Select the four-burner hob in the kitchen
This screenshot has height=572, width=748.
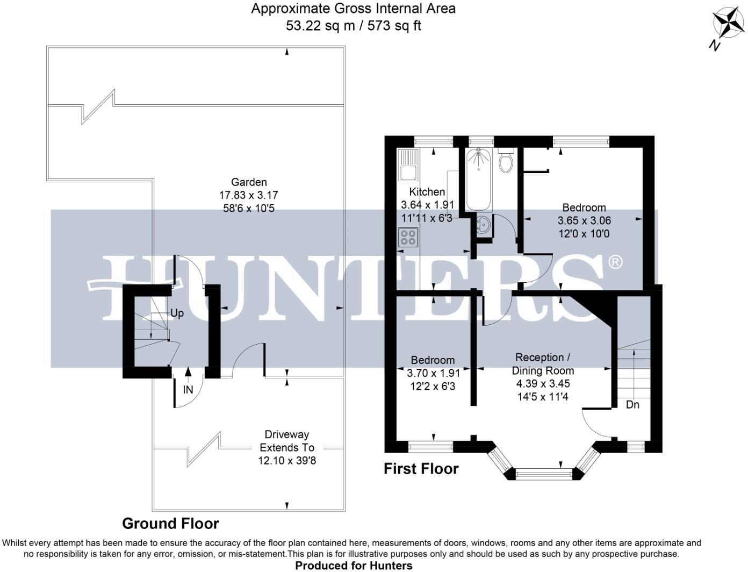pyautogui.click(x=408, y=238)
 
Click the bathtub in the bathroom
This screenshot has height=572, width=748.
pyautogui.click(x=478, y=180)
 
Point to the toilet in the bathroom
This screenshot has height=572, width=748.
pyautogui.click(x=506, y=160)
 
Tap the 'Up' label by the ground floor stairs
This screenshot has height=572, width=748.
pyautogui.click(x=177, y=313)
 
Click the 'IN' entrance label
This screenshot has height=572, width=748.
pyautogui.click(x=188, y=390)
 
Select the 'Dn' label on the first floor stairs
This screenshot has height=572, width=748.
pyautogui.click(x=632, y=404)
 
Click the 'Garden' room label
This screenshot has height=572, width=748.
pyautogui.click(x=249, y=182)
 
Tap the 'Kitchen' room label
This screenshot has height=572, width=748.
pyautogui.click(x=427, y=192)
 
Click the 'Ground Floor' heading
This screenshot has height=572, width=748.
pyautogui.click(x=170, y=523)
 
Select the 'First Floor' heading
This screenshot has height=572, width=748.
pyautogui.click(x=421, y=469)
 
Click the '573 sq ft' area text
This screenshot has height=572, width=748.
pyautogui.click(x=394, y=26)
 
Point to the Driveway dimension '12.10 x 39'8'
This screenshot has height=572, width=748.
pyautogui.click(x=287, y=460)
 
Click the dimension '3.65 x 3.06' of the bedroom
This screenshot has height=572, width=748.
pyautogui.click(x=584, y=220)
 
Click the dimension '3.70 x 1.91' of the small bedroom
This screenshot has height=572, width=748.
pyautogui.click(x=433, y=373)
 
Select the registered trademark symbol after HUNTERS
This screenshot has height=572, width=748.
pyautogui.click(x=615, y=262)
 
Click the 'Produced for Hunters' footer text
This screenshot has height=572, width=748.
pyautogui.click(x=354, y=565)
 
